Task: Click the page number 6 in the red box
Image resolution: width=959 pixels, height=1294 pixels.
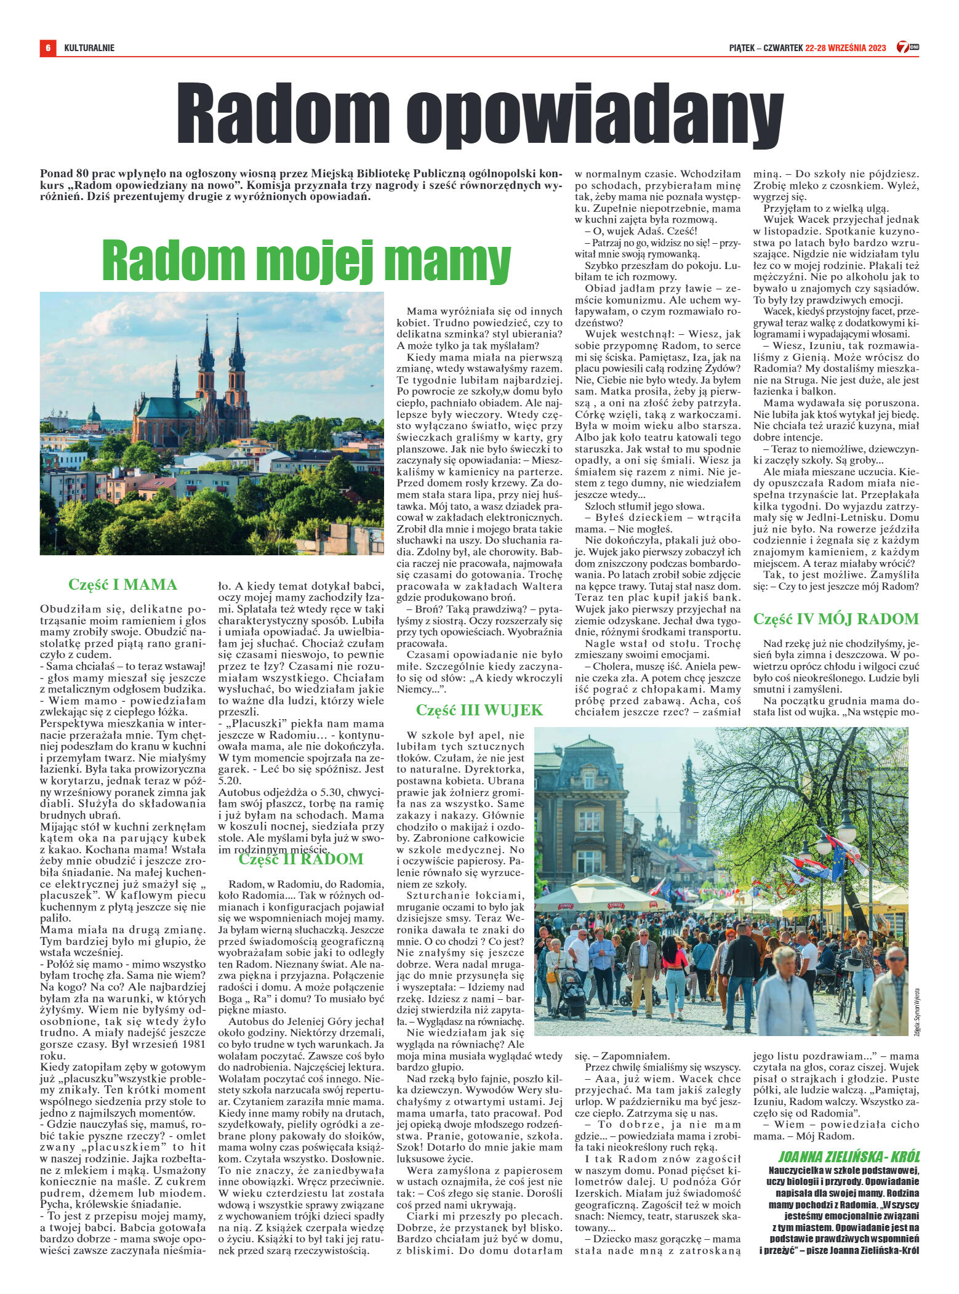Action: tap(47, 47)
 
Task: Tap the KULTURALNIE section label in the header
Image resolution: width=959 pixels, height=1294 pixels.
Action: tap(89, 47)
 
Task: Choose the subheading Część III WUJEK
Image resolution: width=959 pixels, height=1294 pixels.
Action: tap(479, 710)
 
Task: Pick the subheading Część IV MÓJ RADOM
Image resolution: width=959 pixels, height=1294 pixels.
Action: tap(836, 618)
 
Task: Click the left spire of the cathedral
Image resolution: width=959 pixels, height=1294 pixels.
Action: tap(206, 351)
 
